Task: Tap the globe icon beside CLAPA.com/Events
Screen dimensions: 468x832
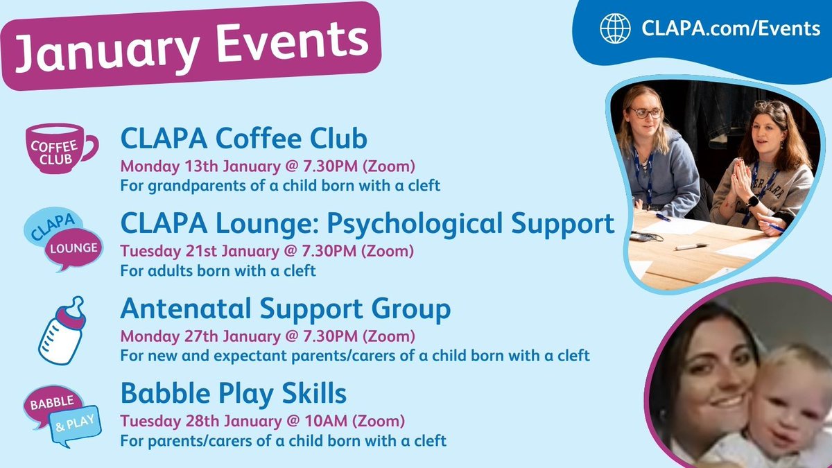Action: pos(616,28)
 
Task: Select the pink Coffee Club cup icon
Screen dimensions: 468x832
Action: pos(59,148)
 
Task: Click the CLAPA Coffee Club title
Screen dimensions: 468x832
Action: pos(243,139)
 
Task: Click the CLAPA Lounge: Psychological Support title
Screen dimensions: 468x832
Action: pos(367,223)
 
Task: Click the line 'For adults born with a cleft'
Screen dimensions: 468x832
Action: pos(218,271)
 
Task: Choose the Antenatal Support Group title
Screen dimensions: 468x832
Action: pos(285,309)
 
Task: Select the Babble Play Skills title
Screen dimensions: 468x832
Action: pos(233,394)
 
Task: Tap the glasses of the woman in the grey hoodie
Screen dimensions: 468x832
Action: pos(644,112)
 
